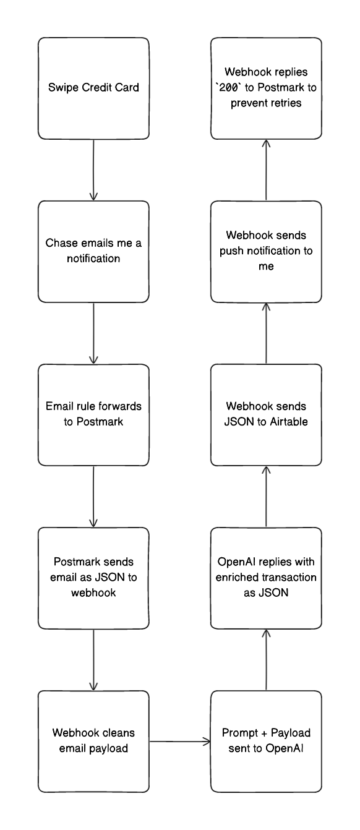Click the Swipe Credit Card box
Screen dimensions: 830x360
click(x=93, y=88)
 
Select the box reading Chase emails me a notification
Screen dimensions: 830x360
click(x=93, y=251)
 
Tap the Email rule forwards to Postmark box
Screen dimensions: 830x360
click(x=93, y=414)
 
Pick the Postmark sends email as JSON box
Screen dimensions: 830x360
click(x=93, y=578)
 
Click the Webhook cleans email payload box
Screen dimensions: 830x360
click(x=93, y=741)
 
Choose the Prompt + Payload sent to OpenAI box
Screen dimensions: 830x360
click(x=266, y=741)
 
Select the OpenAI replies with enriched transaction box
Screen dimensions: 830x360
click(x=266, y=578)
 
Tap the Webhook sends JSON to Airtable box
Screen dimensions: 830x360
click(x=266, y=414)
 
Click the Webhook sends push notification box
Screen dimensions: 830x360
click(x=266, y=251)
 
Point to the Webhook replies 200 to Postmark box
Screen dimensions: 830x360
click(x=266, y=88)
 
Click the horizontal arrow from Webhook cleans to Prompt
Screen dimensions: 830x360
click(x=179, y=741)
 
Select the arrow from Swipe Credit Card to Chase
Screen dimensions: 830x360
click(x=93, y=169)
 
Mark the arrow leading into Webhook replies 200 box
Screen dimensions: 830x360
click(x=266, y=169)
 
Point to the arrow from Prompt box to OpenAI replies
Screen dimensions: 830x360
click(x=266, y=659)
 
